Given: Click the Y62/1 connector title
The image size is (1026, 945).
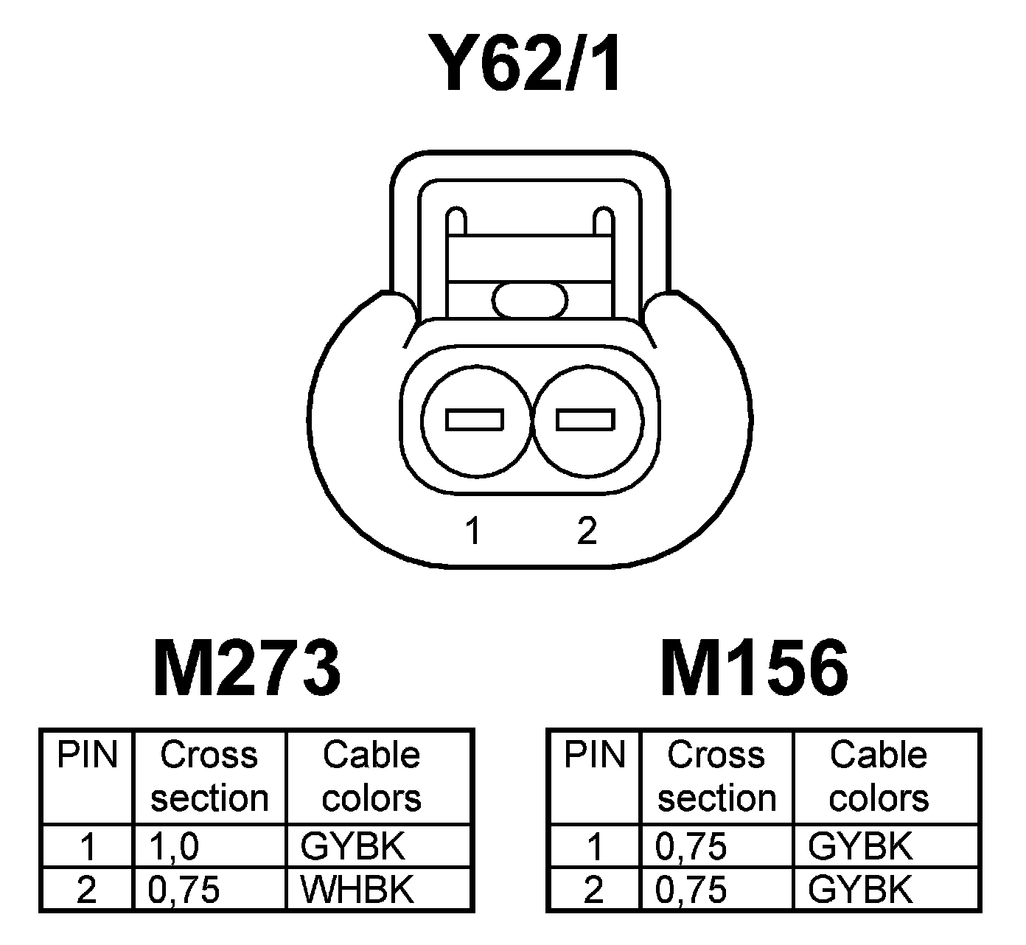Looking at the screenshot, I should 530,65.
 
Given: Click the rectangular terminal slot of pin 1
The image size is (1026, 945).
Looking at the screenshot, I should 475,419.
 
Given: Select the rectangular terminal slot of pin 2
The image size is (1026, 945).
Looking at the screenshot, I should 585,419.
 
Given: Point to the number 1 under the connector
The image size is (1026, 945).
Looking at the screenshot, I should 473,530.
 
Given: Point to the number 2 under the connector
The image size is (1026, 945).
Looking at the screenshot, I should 587,530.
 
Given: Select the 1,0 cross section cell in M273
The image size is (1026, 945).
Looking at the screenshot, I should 174,847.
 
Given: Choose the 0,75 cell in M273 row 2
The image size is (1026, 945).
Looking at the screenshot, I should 184,890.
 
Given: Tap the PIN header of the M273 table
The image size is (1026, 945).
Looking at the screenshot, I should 88,755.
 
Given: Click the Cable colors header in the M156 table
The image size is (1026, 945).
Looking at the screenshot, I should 879,776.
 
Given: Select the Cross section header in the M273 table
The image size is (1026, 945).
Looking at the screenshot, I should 209,776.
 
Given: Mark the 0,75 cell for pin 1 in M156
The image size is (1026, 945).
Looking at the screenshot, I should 691,847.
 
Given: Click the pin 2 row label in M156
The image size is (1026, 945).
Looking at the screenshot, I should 594,890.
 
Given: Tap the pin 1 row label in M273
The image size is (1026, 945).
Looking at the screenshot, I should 88,847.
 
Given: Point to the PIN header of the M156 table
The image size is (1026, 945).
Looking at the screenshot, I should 594,755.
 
